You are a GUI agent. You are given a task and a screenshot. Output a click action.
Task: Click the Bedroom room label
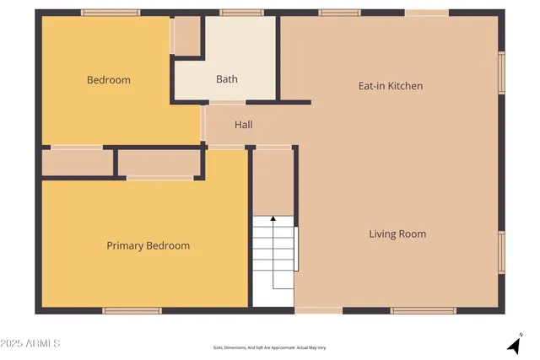(109, 80)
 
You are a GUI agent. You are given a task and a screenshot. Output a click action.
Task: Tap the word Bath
(226, 79)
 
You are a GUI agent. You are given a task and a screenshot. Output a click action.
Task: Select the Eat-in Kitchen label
(391, 86)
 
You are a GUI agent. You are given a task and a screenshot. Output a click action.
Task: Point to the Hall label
(244, 125)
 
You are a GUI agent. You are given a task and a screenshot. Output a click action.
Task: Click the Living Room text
(397, 234)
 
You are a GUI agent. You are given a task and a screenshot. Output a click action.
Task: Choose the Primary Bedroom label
(148, 245)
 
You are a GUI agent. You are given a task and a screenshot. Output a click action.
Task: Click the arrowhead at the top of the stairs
(273, 219)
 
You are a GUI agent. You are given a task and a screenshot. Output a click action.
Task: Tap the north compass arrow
(513, 344)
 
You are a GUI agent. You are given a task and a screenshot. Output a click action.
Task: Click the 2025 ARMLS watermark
(31, 344)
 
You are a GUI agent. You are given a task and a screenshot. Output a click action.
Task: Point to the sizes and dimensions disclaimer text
(269, 347)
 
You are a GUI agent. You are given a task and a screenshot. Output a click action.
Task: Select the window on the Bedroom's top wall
(111, 13)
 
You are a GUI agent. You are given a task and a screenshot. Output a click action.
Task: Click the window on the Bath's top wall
(241, 13)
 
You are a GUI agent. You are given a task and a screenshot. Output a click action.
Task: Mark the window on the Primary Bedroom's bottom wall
(132, 311)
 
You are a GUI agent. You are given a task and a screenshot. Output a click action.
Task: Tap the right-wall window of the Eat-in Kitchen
(501, 73)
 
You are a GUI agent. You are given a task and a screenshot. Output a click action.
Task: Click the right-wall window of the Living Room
(501, 253)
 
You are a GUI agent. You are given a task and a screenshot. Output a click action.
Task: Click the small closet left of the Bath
(187, 35)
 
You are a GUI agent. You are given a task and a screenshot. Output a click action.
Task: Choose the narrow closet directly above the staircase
(273, 181)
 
